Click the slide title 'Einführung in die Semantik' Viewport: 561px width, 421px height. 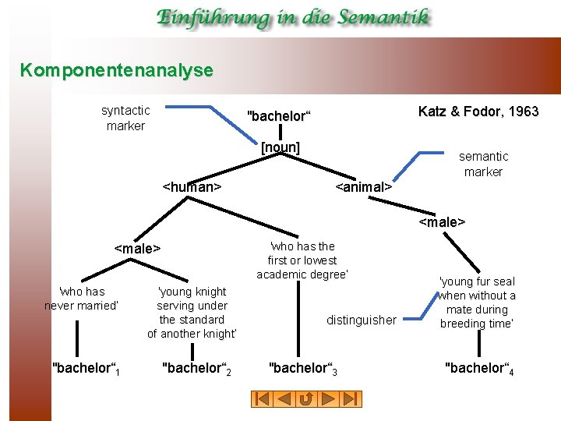pos(292,17)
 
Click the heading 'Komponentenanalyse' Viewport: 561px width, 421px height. pos(117,70)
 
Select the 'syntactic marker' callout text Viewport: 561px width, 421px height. pos(125,118)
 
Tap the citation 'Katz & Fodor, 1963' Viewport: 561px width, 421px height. pos(478,111)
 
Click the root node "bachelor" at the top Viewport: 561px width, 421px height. pos(278,116)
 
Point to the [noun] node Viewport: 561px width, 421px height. pos(280,147)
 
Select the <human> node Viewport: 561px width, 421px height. pos(192,187)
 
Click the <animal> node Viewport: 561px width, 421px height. pos(363,187)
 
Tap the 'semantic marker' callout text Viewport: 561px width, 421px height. pos(483,164)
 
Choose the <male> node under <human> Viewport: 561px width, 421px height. pos(137,249)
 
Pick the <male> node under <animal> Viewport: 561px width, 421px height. pos(442,222)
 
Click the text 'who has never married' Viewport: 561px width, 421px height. pos(81,299)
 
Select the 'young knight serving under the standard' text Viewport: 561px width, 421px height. pos(192,313)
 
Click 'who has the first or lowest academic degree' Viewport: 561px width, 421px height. pos(302,260)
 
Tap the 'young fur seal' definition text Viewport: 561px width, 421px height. pos(478,302)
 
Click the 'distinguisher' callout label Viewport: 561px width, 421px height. pos(362,320)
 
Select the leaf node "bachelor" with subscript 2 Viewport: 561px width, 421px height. pos(196,367)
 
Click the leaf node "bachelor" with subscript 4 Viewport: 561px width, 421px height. pos(478,368)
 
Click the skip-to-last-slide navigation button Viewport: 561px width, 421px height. pos(352,398)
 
